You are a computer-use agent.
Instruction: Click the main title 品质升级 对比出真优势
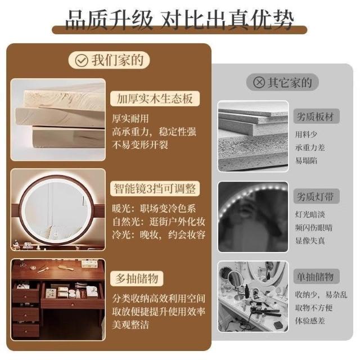coord(179,20)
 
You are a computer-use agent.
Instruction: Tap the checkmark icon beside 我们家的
coord(82,60)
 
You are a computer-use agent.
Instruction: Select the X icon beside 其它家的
coord(259,82)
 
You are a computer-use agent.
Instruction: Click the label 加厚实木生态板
coord(155,99)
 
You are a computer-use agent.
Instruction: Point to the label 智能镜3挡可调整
coord(155,188)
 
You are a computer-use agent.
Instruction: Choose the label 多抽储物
coord(137,278)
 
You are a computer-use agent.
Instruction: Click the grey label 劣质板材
coord(316,116)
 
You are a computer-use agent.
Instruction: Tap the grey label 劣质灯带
coord(316,196)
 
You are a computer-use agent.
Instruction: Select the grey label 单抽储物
coord(316,276)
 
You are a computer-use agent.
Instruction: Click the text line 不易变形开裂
coord(140,145)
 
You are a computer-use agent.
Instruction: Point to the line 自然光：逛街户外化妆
coord(159,222)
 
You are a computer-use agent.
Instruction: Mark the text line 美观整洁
coord(130,325)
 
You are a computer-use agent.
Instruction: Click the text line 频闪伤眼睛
coord(314,227)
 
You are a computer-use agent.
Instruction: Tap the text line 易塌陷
coord(306,160)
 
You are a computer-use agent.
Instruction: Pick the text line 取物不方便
coord(314,308)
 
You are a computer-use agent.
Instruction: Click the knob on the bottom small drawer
coord(26,331)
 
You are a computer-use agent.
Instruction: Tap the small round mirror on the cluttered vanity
coord(235,278)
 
